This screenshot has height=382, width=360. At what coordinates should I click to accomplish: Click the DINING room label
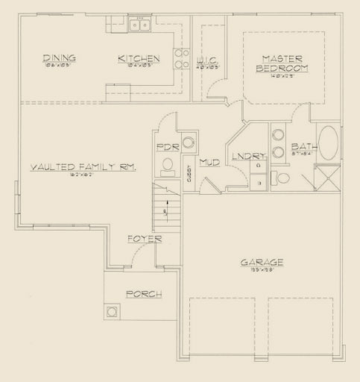pyautogui.click(x=59, y=58)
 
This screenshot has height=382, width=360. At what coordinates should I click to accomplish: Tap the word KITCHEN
pyautogui.click(x=139, y=58)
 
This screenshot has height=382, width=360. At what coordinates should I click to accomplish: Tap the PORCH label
pyautogui.click(x=144, y=293)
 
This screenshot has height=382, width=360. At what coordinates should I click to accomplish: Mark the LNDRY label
pyautogui.click(x=248, y=156)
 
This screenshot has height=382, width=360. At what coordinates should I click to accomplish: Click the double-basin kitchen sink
pyautogui.click(x=139, y=25)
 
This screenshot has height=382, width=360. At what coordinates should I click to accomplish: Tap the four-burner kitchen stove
pyautogui.click(x=180, y=58)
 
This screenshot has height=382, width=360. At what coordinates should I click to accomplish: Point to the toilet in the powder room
pyautogui.click(x=168, y=164)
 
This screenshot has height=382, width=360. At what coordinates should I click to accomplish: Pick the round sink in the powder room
pyautogui.click(x=189, y=141)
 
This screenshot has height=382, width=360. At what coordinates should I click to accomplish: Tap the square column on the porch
pyautogui.click(x=113, y=311)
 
